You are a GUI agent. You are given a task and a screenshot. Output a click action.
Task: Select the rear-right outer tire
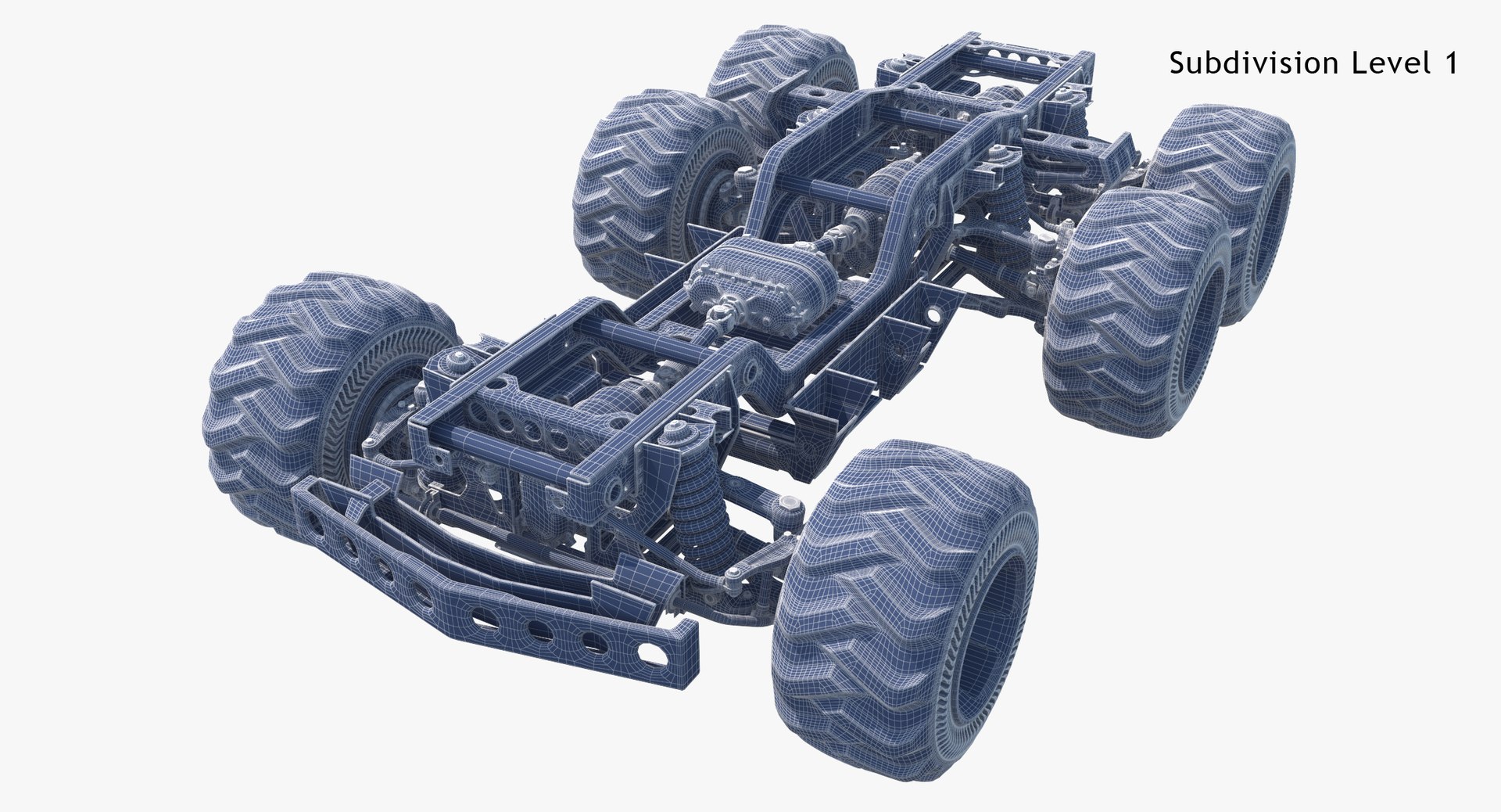1134,313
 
